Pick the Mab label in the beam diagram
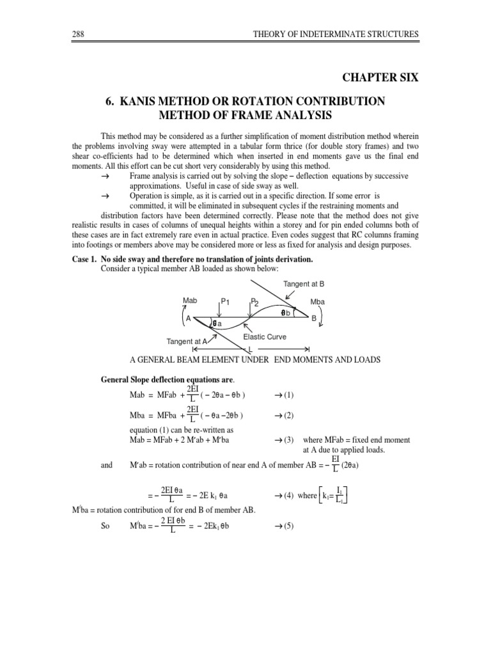(191, 299)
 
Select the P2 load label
(254, 301)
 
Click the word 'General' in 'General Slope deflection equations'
(117, 379)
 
